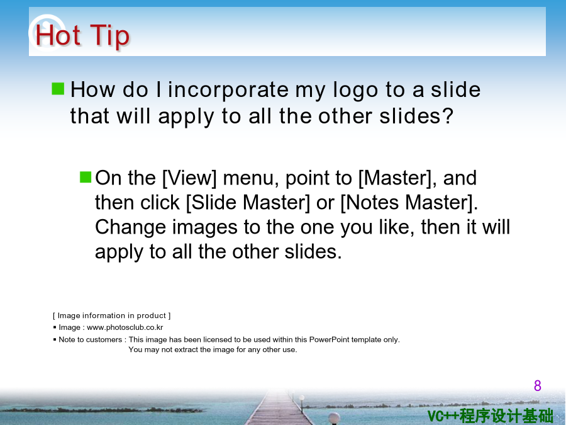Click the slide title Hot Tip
coord(82,35)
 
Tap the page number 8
coord(538,385)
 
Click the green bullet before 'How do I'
coord(58,89)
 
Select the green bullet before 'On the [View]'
coord(86,177)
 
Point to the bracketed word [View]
coord(189,178)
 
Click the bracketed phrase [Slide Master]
coord(248,202)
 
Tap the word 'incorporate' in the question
coord(228,90)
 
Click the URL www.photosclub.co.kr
coord(125,327)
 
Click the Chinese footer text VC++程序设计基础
coord(490,416)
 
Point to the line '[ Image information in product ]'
coord(111,315)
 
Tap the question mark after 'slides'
coord(448,116)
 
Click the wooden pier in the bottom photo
coord(278,410)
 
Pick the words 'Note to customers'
coord(90,340)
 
